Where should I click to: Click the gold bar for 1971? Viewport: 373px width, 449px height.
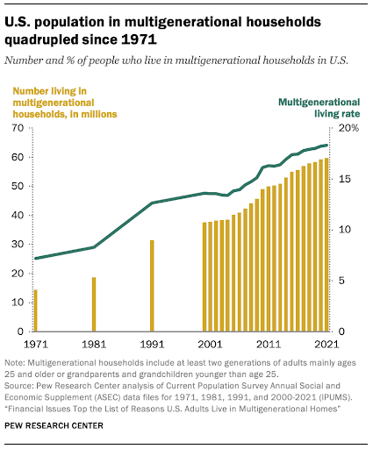[x=36, y=310]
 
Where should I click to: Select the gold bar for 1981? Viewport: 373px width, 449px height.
[x=94, y=304]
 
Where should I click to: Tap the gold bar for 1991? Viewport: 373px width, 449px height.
[x=152, y=286]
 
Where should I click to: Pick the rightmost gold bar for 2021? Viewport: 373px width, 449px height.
[x=326, y=245]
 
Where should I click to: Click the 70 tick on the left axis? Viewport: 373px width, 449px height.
[x=18, y=128]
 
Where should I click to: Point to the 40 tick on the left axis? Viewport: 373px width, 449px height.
[x=18, y=215]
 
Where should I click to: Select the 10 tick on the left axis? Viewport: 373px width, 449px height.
[x=18, y=303]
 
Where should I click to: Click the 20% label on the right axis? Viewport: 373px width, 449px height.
[x=348, y=128]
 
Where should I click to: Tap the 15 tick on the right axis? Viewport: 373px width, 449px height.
[x=344, y=179]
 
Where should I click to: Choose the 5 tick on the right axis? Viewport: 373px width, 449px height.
[x=341, y=281]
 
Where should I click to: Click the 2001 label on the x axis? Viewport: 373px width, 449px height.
[x=210, y=344]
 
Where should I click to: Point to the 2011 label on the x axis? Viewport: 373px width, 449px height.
[x=269, y=344]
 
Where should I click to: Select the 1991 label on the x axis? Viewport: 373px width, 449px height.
[x=152, y=344]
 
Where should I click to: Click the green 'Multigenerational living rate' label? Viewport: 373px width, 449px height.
[x=319, y=108]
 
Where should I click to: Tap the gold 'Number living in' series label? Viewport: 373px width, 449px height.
[x=50, y=91]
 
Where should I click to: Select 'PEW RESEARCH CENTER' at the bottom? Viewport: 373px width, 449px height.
[x=54, y=425]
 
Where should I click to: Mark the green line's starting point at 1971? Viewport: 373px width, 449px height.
[x=36, y=259]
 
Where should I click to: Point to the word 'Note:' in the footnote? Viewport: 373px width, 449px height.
[x=15, y=363]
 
